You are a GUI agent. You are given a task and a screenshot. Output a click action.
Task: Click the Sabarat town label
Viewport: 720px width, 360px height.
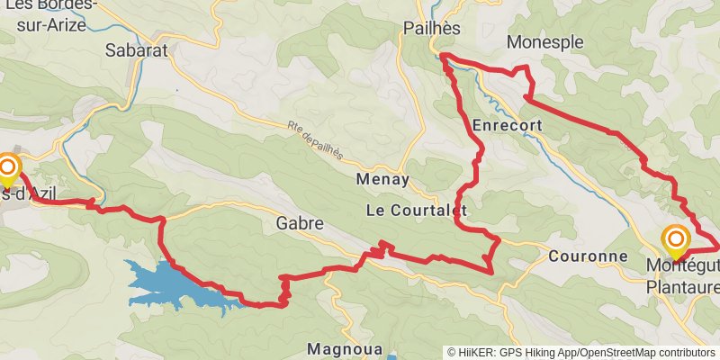click(137, 50)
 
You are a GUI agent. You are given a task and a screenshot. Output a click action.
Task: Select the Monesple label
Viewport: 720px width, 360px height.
click(545, 42)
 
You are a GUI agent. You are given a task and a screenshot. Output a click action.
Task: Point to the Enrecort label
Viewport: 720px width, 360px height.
click(505, 125)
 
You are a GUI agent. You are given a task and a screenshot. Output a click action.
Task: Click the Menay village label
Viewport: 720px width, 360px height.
click(382, 179)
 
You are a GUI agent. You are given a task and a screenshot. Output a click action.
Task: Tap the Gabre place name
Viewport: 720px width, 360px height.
click(300, 222)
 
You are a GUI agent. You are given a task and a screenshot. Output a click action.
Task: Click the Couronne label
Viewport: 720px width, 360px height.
click(587, 256)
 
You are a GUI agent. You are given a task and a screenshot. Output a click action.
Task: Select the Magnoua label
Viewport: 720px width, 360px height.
click(346, 348)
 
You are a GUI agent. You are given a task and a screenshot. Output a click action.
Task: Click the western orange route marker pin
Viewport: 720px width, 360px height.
click(9, 167)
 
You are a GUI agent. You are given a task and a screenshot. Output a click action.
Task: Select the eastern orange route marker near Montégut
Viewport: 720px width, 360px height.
click(675, 239)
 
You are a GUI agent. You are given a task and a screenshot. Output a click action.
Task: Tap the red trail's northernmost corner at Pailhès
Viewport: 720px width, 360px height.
click(441, 57)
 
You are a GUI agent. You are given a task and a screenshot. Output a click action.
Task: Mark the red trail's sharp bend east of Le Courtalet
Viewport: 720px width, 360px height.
click(498, 240)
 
